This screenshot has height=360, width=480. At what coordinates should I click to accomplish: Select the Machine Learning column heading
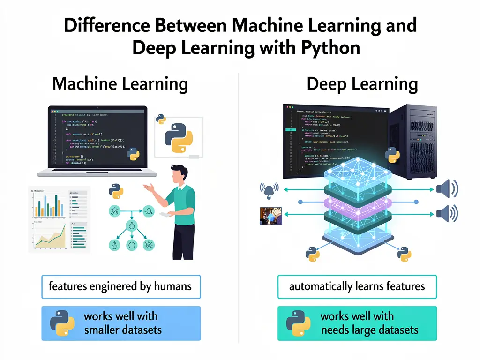pyautogui.click(x=120, y=84)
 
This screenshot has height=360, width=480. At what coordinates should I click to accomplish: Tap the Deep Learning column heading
pyautogui.click(x=362, y=84)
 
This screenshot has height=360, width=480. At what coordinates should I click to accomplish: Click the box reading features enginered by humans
pyautogui.click(x=120, y=286)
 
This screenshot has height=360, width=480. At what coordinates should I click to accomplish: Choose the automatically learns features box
pyautogui.click(x=357, y=286)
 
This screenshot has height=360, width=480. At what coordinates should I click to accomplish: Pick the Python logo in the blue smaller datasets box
pyautogui.click(x=62, y=323)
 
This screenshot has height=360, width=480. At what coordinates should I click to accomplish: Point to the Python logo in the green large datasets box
pyautogui.click(x=298, y=323)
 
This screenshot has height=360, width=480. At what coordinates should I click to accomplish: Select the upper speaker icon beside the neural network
pyautogui.click(x=446, y=189)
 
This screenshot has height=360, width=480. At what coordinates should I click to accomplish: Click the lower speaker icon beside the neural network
pyautogui.click(x=446, y=214)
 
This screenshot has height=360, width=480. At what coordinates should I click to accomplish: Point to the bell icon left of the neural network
pyautogui.click(x=269, y=189)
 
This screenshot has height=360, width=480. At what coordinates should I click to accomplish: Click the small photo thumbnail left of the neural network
pyautogui.click(x=270, y=216)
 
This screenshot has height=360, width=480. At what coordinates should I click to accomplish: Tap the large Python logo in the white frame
pyautogui.click(x=179, y=138)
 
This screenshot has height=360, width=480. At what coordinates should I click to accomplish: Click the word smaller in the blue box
pyautogui.click(x=102, y=330)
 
